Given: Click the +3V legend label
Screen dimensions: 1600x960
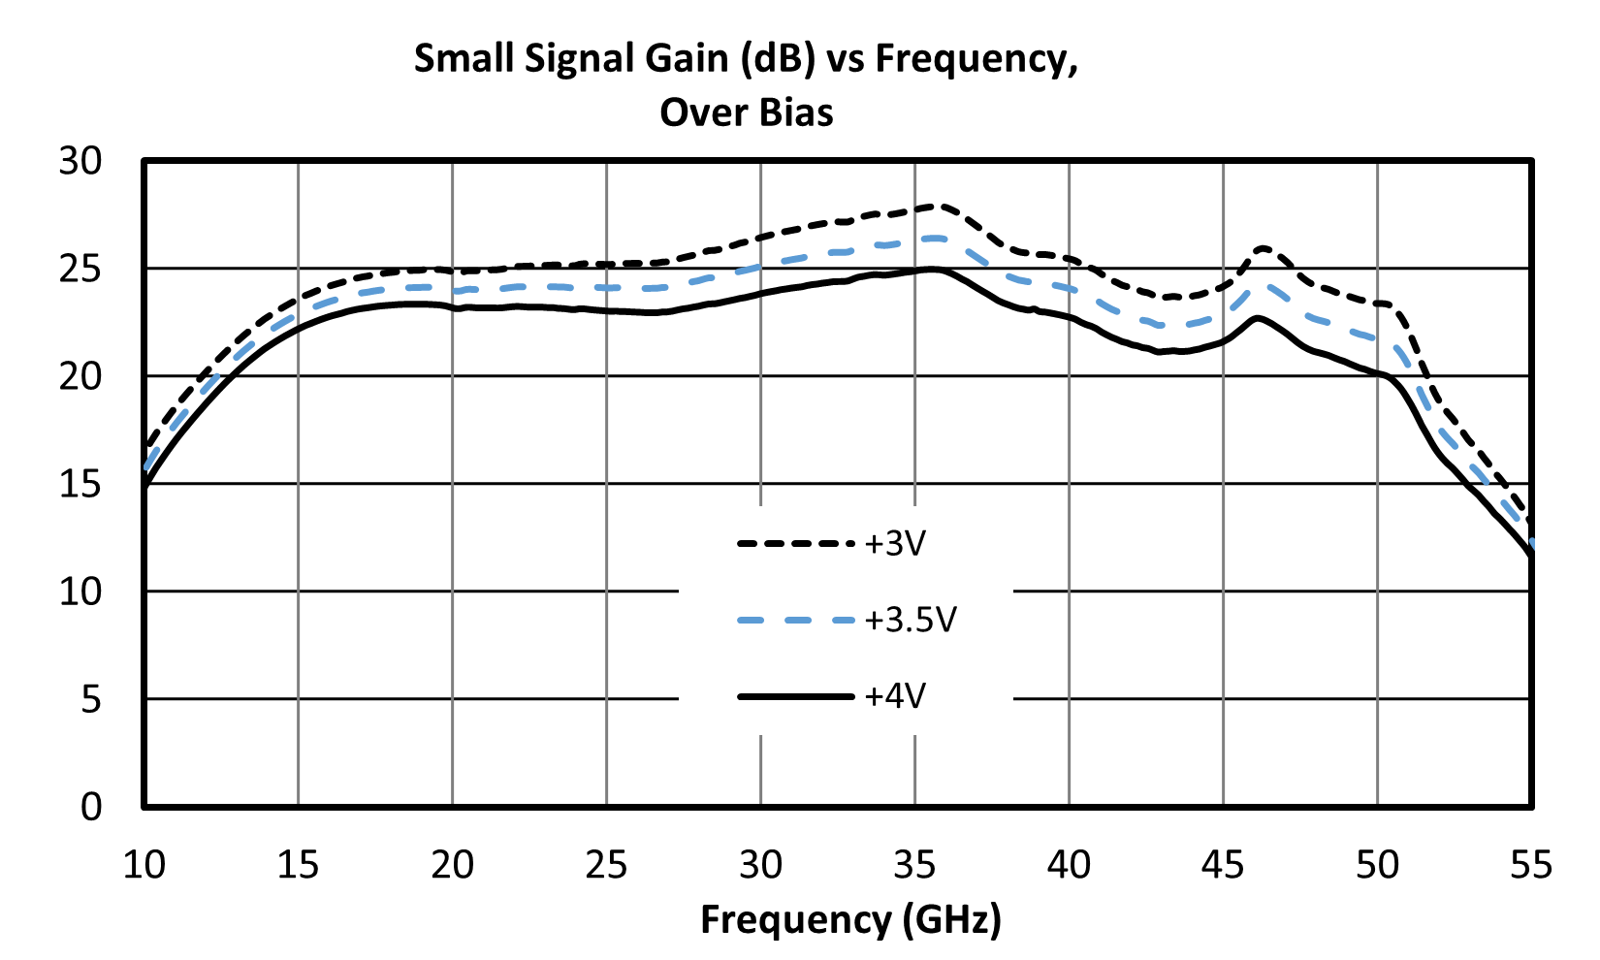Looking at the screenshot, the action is (894, 544).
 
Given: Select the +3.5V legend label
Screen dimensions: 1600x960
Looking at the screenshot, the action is (910, 620).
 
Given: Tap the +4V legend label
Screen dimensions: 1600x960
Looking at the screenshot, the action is (894, 695).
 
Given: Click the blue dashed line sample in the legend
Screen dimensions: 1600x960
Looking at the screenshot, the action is (796, 620).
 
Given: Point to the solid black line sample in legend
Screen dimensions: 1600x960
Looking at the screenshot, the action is (796, 696).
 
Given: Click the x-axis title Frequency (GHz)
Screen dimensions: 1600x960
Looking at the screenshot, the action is (850, 920).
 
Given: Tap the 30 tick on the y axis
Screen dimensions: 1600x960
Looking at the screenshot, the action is (80, 161).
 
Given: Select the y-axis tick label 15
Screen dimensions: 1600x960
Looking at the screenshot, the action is (80, 485).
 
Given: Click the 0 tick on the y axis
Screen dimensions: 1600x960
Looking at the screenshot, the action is (91, 807).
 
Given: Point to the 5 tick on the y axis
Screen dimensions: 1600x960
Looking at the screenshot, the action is (91, 700).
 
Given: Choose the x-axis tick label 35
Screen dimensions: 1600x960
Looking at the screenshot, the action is (915, 865).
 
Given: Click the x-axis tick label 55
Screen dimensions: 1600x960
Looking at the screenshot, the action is (1531, 865).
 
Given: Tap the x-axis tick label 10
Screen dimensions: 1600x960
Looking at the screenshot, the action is (144, 865).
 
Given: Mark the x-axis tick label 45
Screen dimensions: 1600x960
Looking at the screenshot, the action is (1223, 865).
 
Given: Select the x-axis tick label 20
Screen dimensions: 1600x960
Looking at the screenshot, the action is (452, 865).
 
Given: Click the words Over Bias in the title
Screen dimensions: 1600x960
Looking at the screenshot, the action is (747, 112).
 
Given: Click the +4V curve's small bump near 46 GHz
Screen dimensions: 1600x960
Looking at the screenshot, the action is (1257, 318).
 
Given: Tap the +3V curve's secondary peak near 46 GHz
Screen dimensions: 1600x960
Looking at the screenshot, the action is (1263, 248).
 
